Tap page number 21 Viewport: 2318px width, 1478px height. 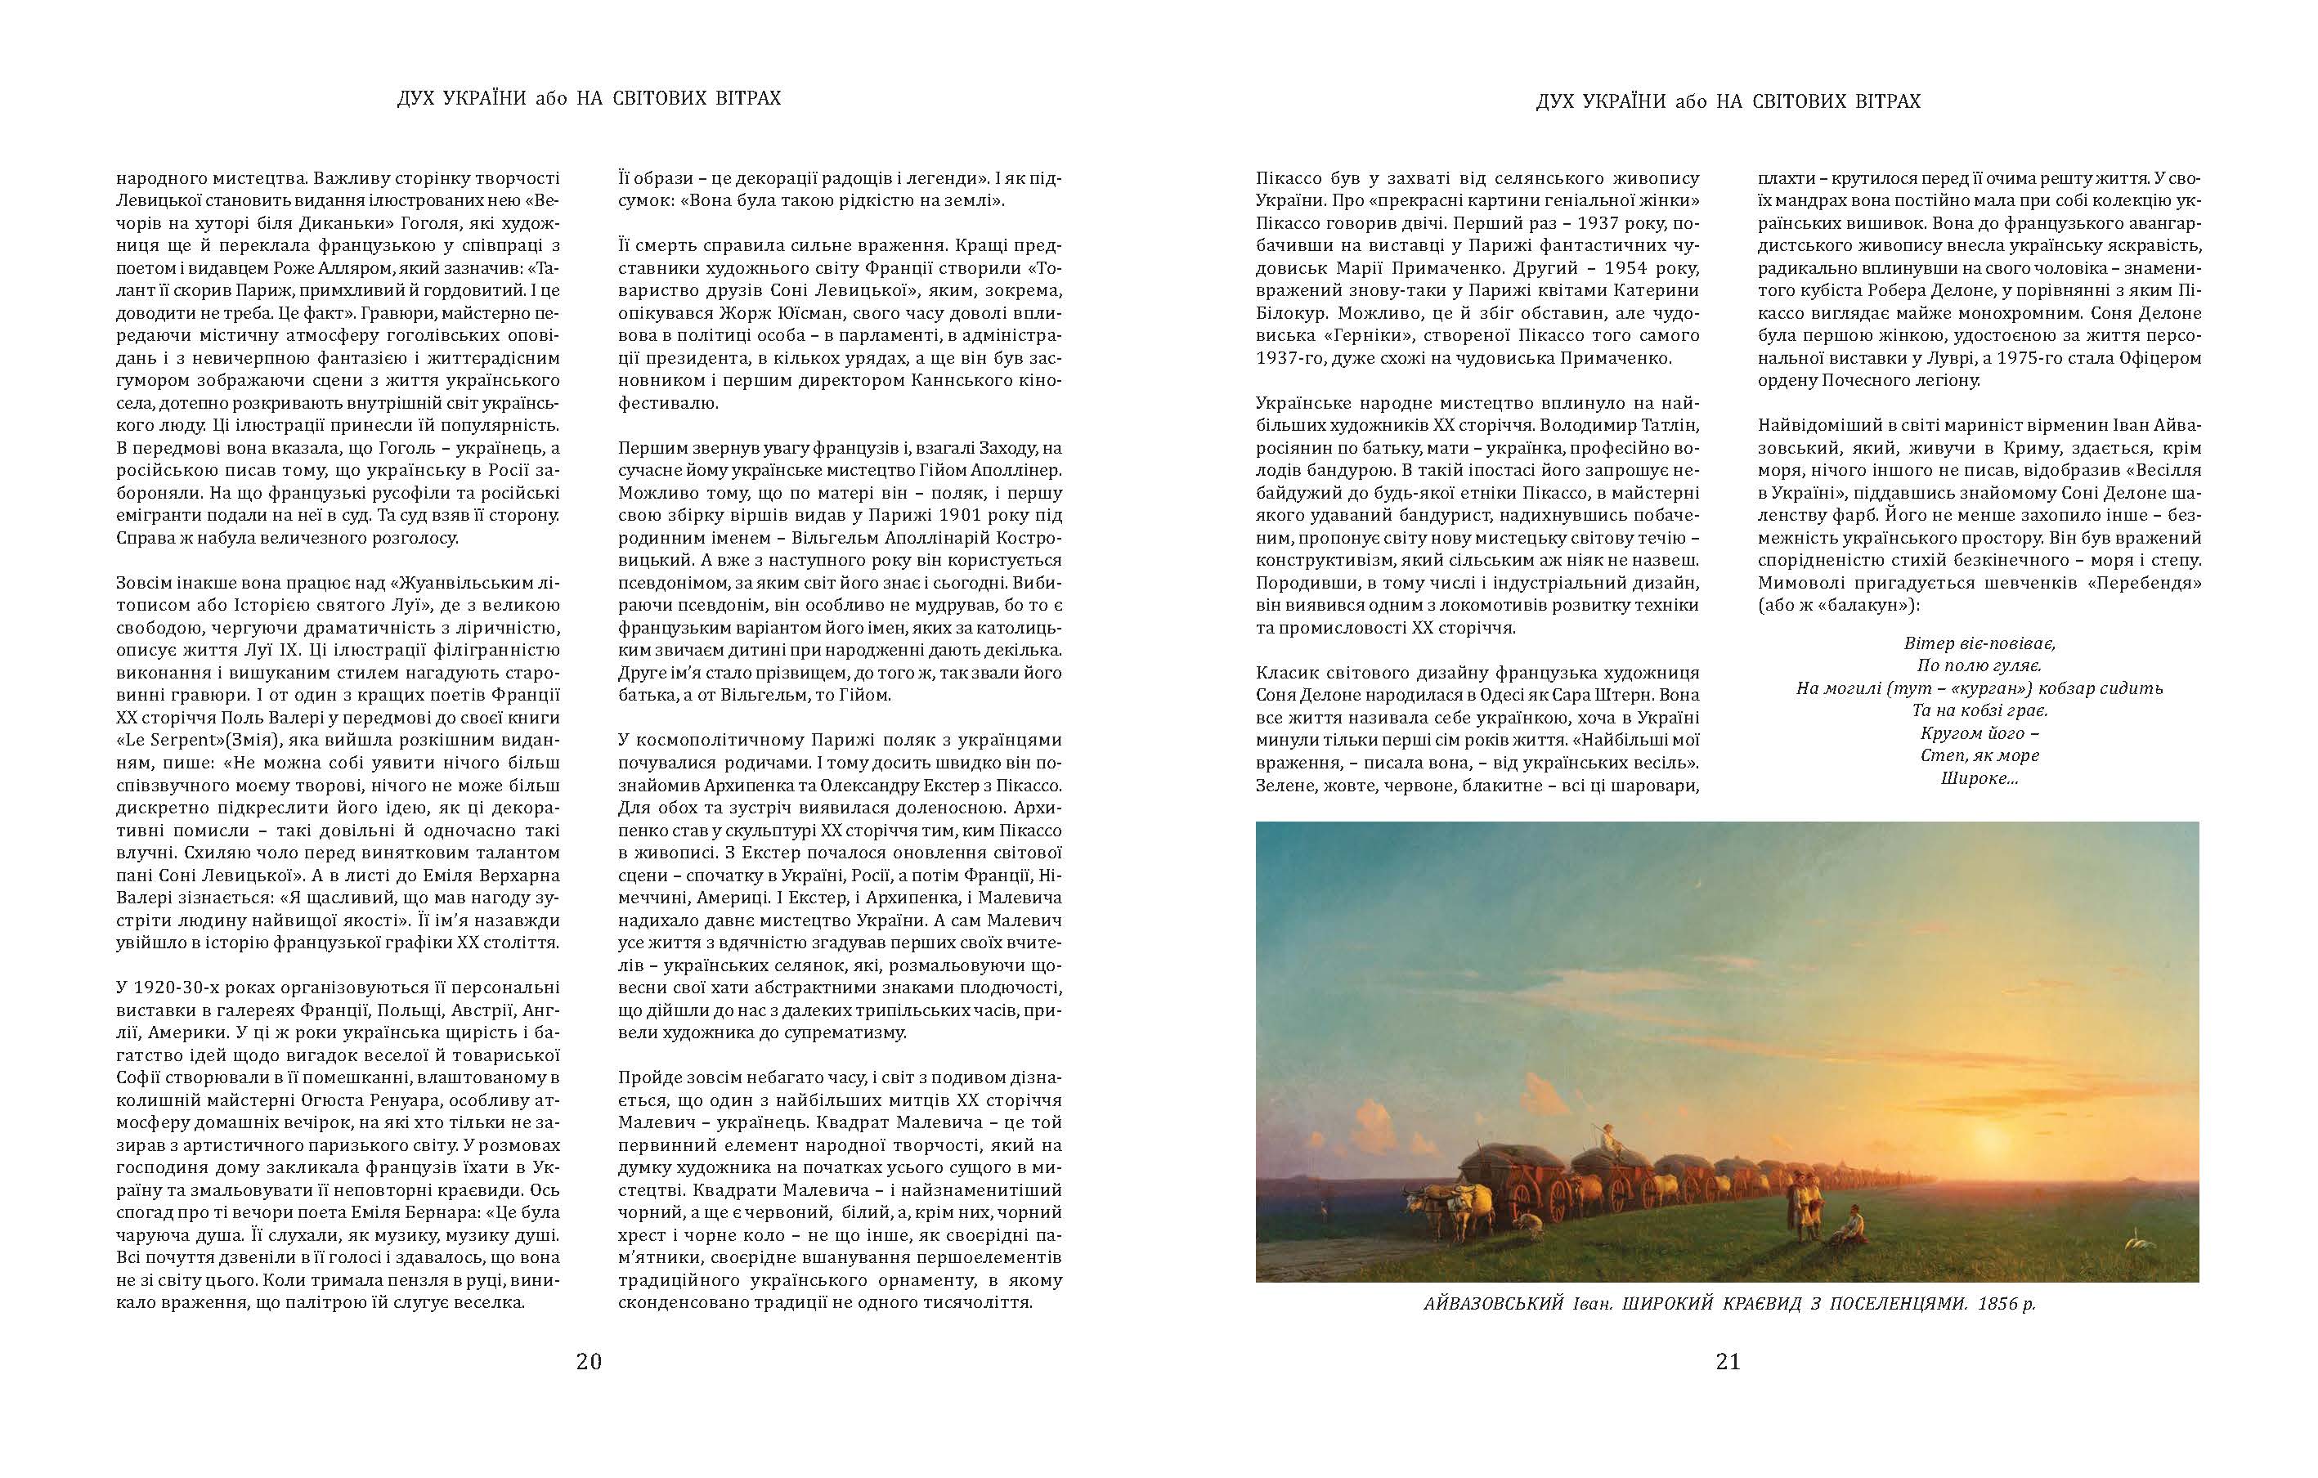click(1728, 1362)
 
